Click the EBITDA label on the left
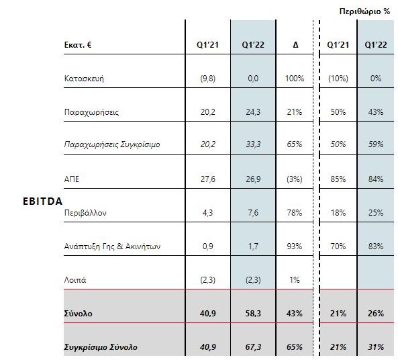(x=43, y=201)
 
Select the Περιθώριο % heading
(x=364, y=11)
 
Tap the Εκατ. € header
(x=78, y=45)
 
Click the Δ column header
(x=295, y=45)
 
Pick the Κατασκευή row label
(x=84, y=79)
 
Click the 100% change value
(x=295, y=79)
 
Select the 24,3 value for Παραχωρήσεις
(x=253, y=111)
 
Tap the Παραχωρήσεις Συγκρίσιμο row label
(x=112, y=144)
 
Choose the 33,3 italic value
(x=253, y=144)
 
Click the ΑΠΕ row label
(x=72, y=179)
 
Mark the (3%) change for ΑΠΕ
(x=295, y=179)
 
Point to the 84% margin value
(x=376, y=179)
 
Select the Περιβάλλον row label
(x=85, y=213)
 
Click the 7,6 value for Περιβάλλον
(x=253, y=213)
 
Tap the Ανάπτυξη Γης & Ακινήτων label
(x=112, y=246)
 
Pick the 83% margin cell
(x=376, y=246)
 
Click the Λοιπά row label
(x=75, y=280)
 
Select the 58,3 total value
(x=253, y=314)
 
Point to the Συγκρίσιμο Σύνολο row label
(x=101, y=347)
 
